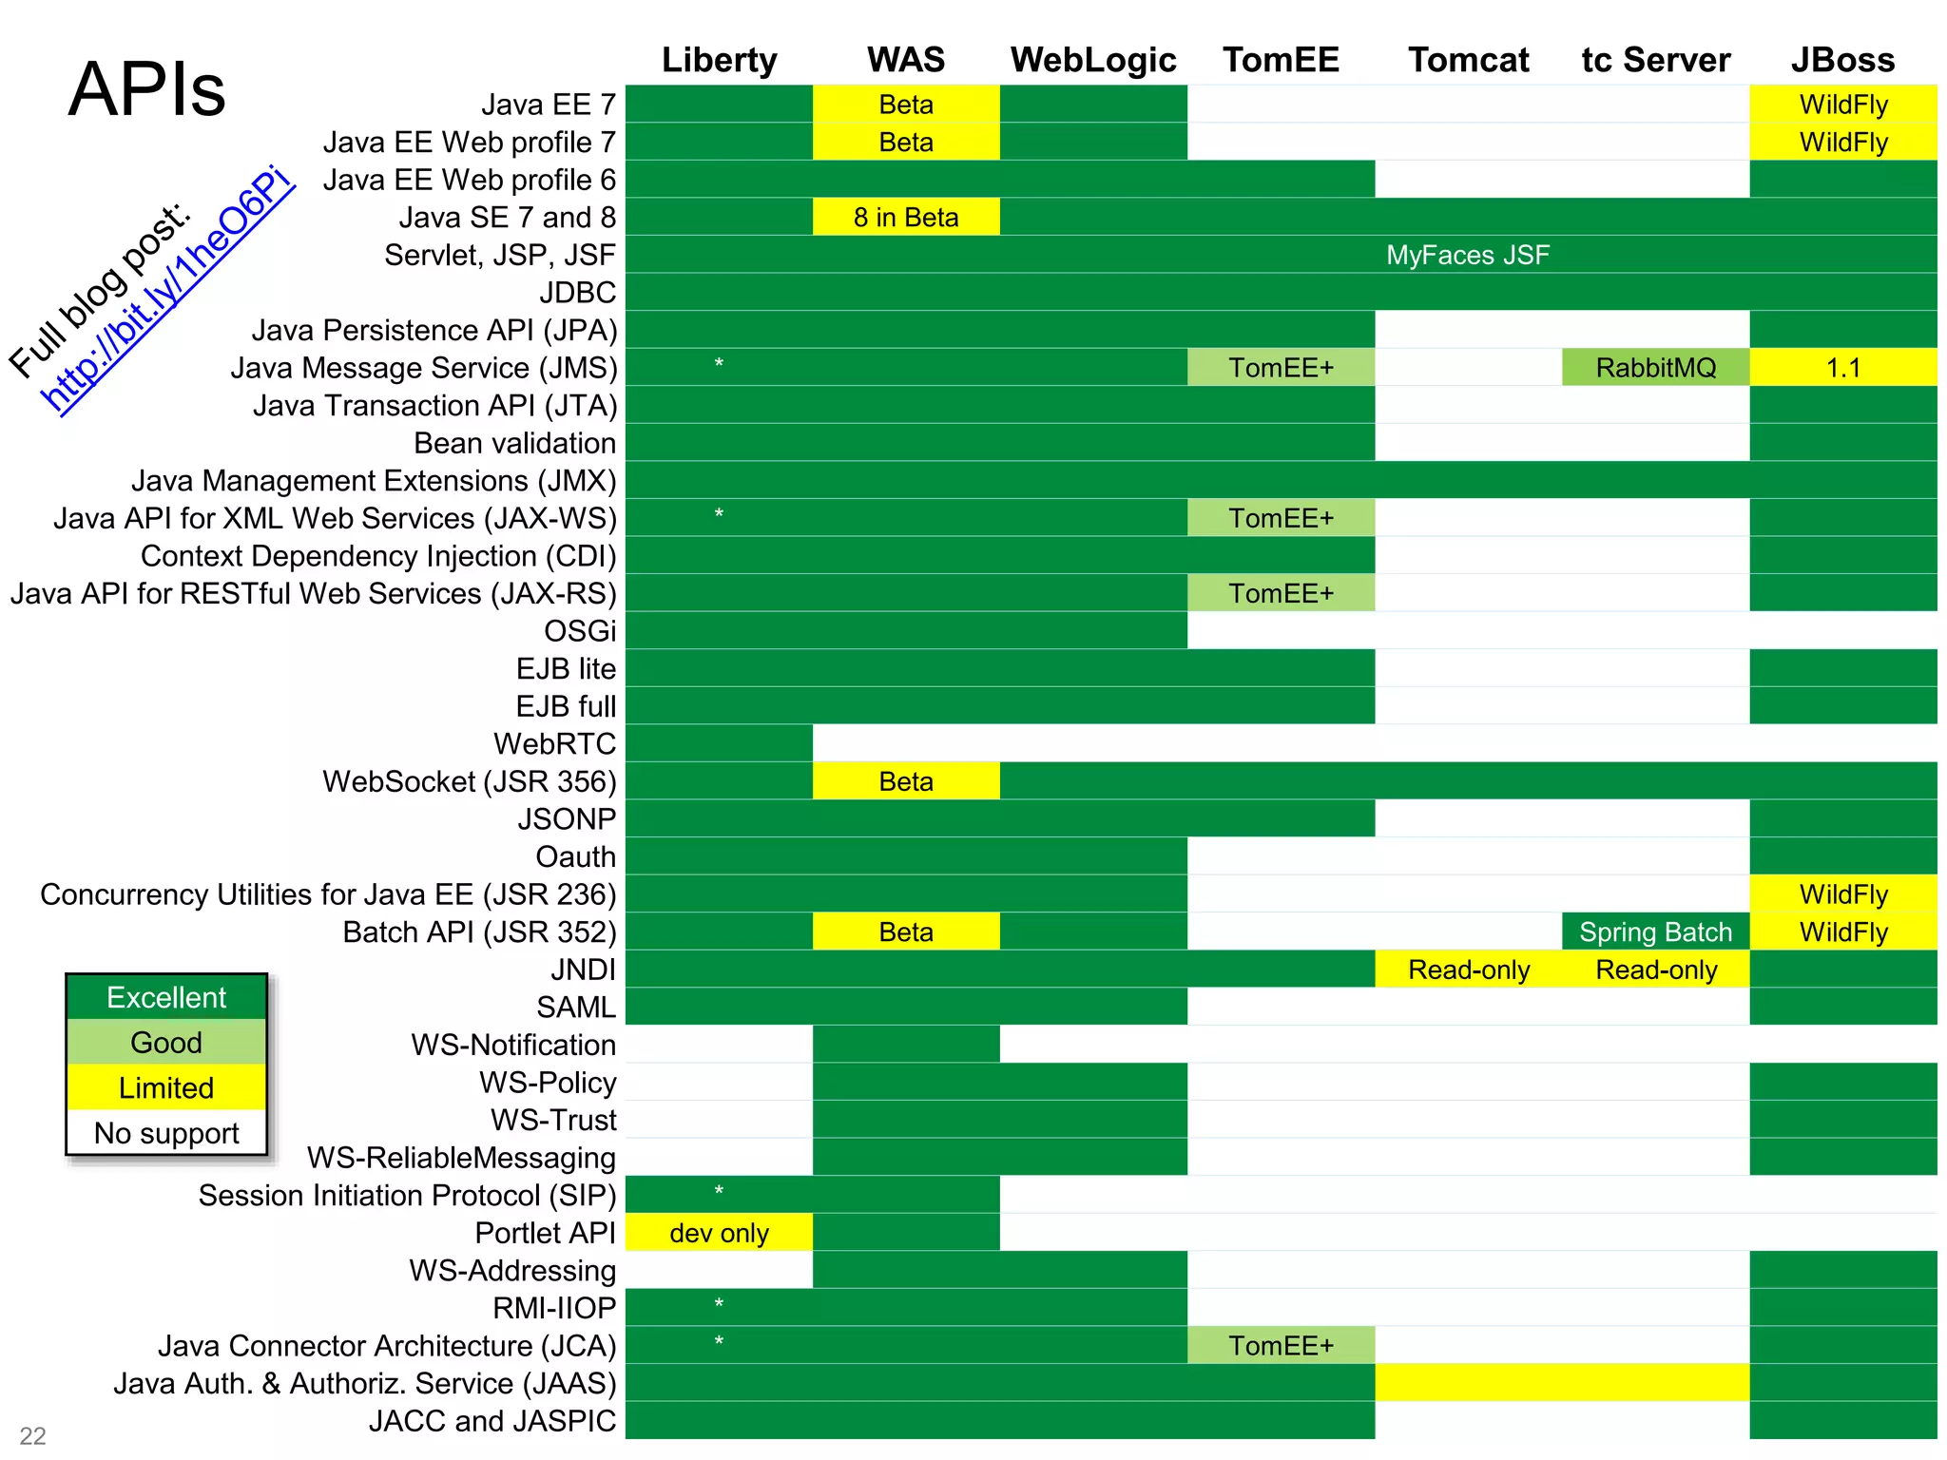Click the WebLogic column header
(1093, 60)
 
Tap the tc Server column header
(1655, 60)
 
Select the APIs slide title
(147, 89)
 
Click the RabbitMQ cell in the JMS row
(1655, 368)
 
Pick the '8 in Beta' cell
(906, 218)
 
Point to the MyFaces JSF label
(1467, 255)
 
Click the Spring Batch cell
(1655, 932)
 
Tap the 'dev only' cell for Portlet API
(719, 1233)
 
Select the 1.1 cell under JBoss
(1842, 368)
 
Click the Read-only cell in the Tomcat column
(1468, 970)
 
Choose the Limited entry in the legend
(166, 1087)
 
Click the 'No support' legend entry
(166, 1133)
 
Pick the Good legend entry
(166, 1043)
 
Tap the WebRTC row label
(554, 743)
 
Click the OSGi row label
(579, 631)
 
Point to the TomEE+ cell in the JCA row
(1281, 1346)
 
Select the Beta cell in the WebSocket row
(906, 781)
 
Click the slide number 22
(32, 1435)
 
